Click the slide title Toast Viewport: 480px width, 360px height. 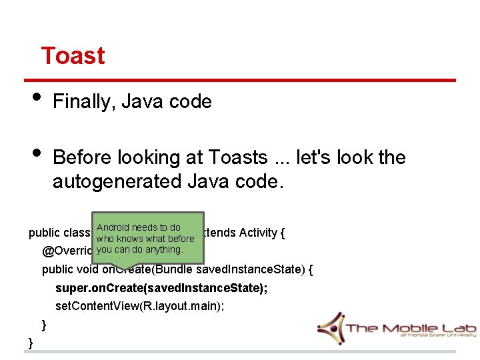click(x=73, y=55)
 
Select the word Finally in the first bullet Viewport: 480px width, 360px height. click(x=75, y=102)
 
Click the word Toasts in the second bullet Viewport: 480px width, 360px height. click(x=237, y=157)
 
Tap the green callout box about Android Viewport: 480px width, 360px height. click(x=147, y=238)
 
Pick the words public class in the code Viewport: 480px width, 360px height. click(x=59, y=233)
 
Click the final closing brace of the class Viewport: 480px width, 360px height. click(x=31, y=343)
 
